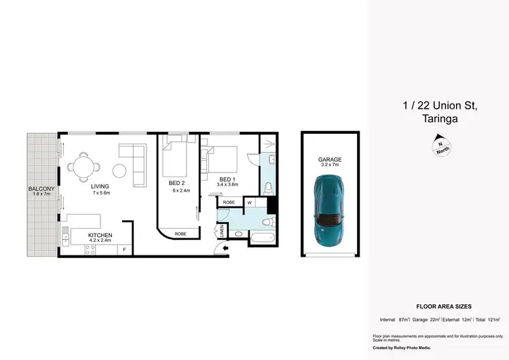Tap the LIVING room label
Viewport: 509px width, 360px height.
tap(100, 185)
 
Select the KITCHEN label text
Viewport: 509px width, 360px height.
tap(100, 235)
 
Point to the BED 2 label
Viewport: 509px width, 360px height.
tap(178, 183)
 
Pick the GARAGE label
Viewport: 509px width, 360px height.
tap(330, 160)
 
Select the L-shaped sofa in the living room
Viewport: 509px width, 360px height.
tap(135, 163)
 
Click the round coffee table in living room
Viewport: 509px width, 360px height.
tap(121, 170)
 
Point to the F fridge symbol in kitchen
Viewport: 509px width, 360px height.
tap(124, 250)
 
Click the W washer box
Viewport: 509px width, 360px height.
tap(250, 202)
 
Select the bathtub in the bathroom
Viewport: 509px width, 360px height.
tap(261, 238)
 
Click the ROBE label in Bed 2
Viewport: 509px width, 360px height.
tap(181, 234)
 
